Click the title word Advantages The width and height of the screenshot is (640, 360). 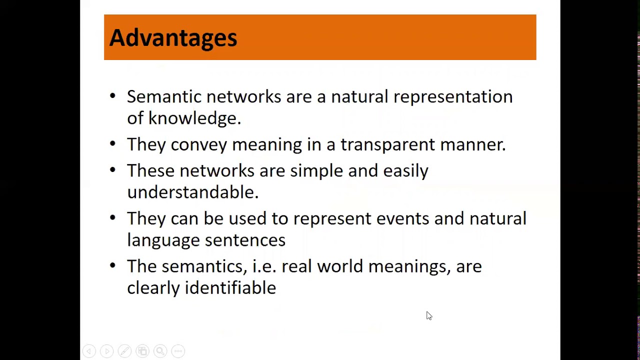pyautogui.click(x=173, y=38)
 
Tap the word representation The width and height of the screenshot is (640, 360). pyautogui.click(x=452, y=96)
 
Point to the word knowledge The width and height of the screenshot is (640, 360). pyautogui.click(x=194, y=118)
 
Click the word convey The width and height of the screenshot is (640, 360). pyautogui.click(x=198, y=144)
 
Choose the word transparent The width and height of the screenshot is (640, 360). pyautogui.click(x=387, y=144)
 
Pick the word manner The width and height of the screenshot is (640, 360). pyautogui.click(x=472, y=144)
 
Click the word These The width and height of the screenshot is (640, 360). pyautogui.click(x=150, y=170)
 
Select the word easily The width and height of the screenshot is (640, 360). pyautogui.click(x=405, y=170)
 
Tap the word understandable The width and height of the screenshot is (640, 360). pyautogui.click(x=192, y=192)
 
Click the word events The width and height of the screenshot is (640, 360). pyautogui.click(x=402, y=218)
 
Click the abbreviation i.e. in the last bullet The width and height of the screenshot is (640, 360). pyautogui.click(x=264, y=266)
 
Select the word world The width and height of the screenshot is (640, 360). pyautogui.click(x=340, y=266)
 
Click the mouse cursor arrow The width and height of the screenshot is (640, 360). pyautogui.click(x=428, y=315)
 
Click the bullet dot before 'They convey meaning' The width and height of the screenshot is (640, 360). pyautogui.click(x=112, y=144)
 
